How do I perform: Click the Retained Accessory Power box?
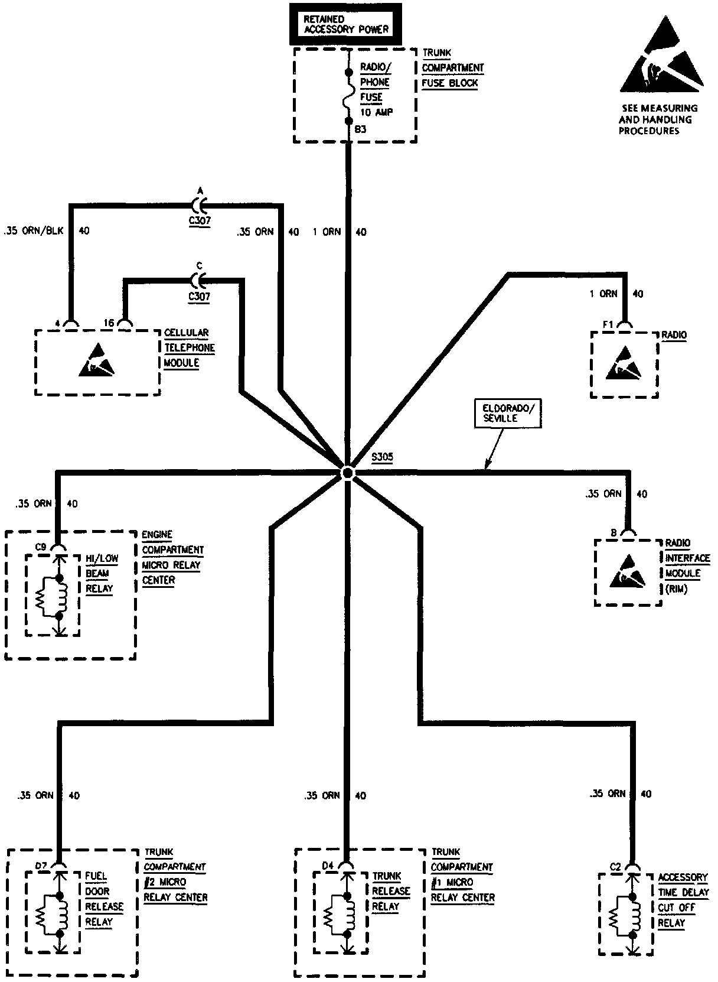click(346, 24)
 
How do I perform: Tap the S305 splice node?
click(347, 473)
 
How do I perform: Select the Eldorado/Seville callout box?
click(508, 413)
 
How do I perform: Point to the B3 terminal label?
click(361, 129)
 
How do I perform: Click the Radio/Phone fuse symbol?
click(348, 96)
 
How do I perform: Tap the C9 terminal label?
click(40, 547)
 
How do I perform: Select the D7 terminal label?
click(41, 866)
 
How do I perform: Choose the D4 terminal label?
click(328, 866)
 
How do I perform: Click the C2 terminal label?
click(615, 867)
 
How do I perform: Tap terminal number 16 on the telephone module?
click(109, 323)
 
